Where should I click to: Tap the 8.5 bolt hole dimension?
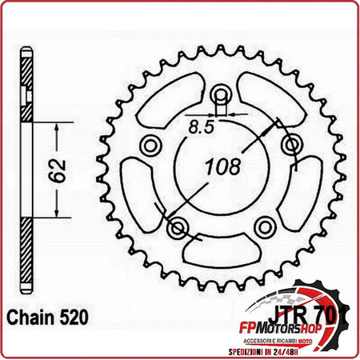[x=206, y=125]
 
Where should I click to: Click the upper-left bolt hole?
[x=149, y=146]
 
